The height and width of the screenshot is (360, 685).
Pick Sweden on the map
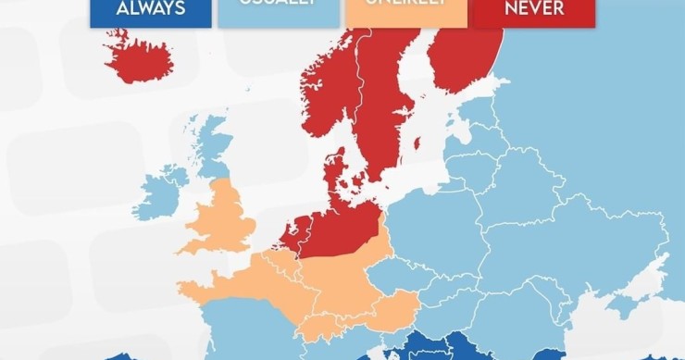pyautogui.click(x=380, y=102)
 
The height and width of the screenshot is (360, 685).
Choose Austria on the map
pyautogui.click(x=398, y=305)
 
